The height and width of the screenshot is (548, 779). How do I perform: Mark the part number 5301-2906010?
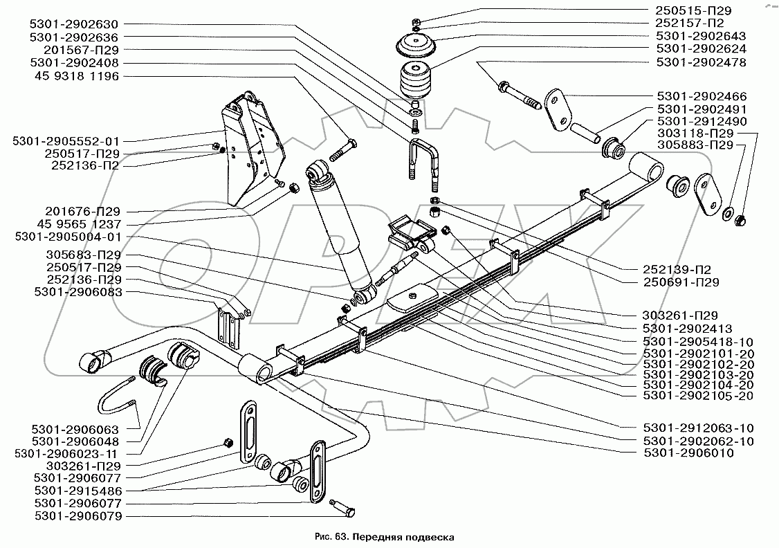point(688,453)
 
